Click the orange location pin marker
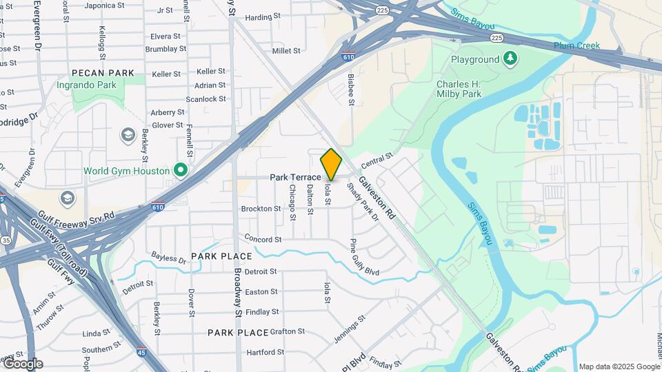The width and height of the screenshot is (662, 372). (x=332, y=164)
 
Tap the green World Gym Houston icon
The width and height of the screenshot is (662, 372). (x=181, y=169)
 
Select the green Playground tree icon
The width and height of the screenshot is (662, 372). (x=510, y=59)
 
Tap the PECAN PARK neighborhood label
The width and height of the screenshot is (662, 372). (x=102, y=72)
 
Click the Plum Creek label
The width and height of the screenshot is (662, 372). (x=576, y=46)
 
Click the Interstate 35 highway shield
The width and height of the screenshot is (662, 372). (x=6, y=240)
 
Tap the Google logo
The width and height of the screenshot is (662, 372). (x=23, y=364)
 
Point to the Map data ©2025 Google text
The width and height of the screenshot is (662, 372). (x=619, y=366)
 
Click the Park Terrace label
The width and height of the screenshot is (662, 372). (x=295, y=177)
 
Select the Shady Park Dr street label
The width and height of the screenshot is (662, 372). (x=363, y=202)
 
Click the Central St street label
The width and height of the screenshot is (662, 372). (x=376, y=161)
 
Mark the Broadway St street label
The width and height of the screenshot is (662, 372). (x=237, y=290)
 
